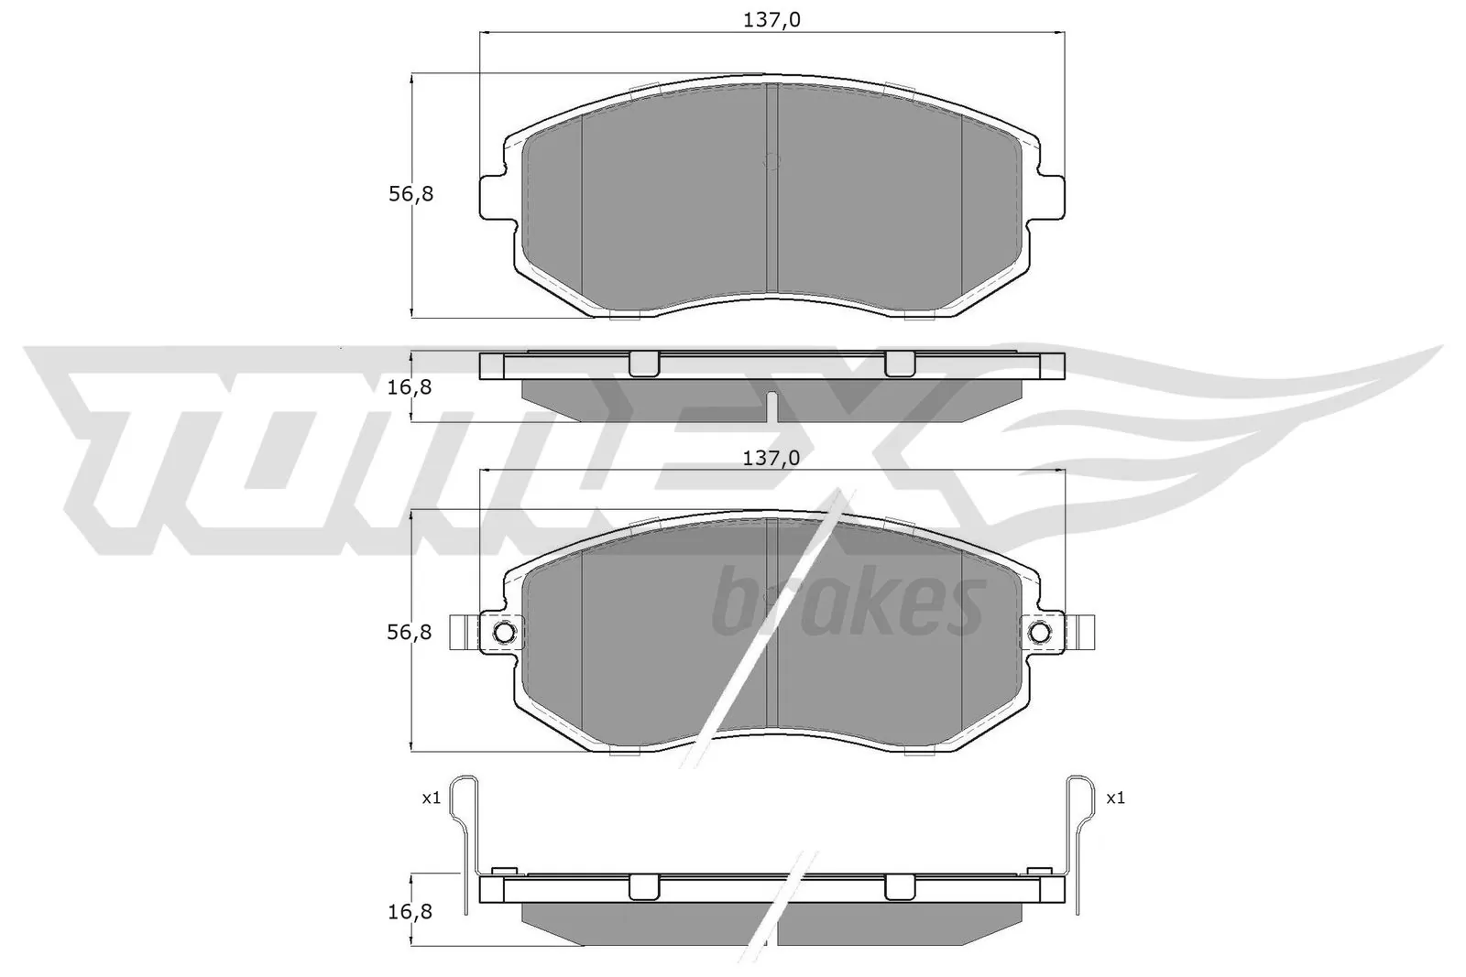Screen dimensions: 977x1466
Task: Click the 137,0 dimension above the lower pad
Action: point(771,459)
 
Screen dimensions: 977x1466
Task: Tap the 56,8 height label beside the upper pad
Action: point(410,194)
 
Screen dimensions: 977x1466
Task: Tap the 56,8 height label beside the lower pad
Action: point(410,632)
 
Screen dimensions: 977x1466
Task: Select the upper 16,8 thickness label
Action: point(409,386)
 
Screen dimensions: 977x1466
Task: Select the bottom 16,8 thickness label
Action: point(409,911)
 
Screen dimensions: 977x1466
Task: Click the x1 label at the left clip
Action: point(431,798)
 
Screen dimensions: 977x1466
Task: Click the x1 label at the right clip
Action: point(1115,798)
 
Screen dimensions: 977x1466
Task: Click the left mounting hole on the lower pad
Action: point(504,632)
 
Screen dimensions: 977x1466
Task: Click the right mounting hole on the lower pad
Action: point(1040,632)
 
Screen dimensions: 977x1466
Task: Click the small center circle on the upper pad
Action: point(771,161)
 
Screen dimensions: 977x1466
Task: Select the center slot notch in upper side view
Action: point(771,405)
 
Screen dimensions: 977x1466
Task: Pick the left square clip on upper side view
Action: point(643,364)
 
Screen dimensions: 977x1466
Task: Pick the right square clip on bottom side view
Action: point(899,886)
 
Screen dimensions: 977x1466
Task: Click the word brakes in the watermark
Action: point(848,605)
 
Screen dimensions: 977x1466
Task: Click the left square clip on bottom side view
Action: point(643,886)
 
